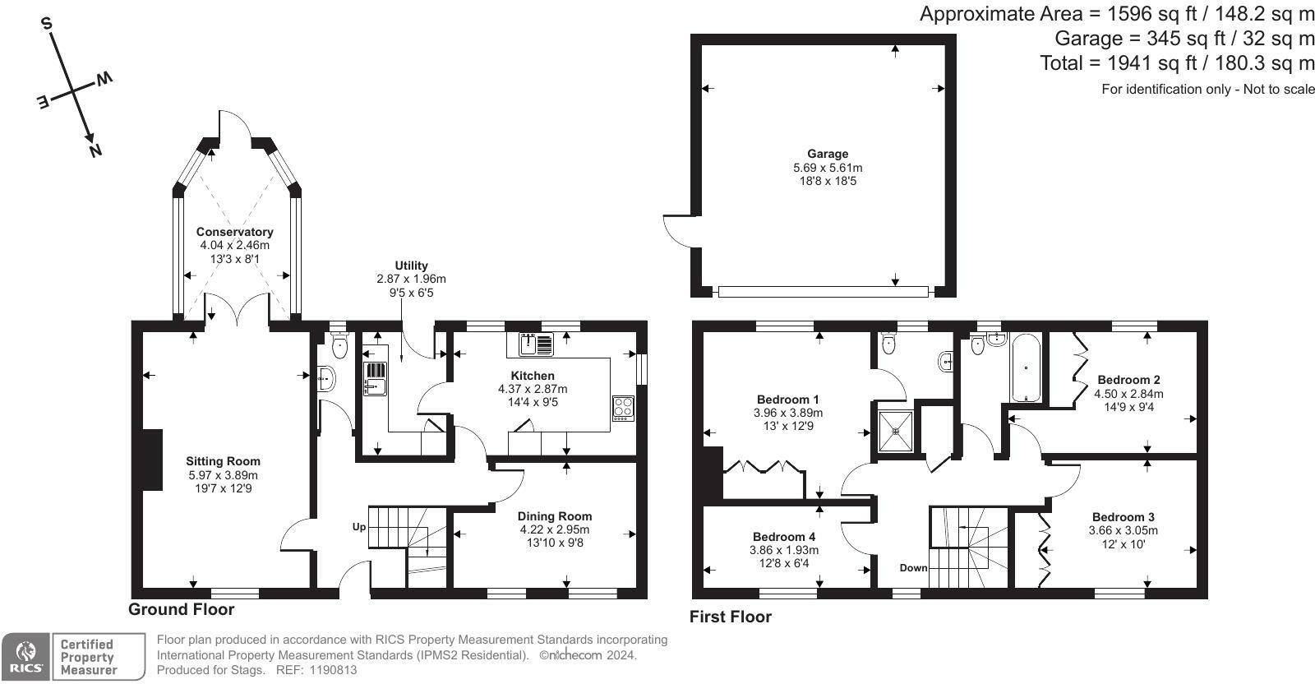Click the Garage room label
point(827,154)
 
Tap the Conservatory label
point(235,232)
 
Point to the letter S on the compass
point(46,24)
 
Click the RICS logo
point(25,656)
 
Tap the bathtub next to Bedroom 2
point(1026,367)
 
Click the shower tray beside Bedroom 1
point(896,431)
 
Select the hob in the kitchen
point(623,409)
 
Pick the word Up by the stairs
point(358,527)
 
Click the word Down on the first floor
point(913,568)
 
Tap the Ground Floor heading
point(182,609)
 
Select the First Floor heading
point(731,617)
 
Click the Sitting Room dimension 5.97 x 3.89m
point(223,475)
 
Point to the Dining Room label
point(555,516)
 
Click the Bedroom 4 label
point(784,537)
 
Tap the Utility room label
point(411,266)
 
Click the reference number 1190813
point(333,670)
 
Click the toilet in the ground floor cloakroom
point(340,346)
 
